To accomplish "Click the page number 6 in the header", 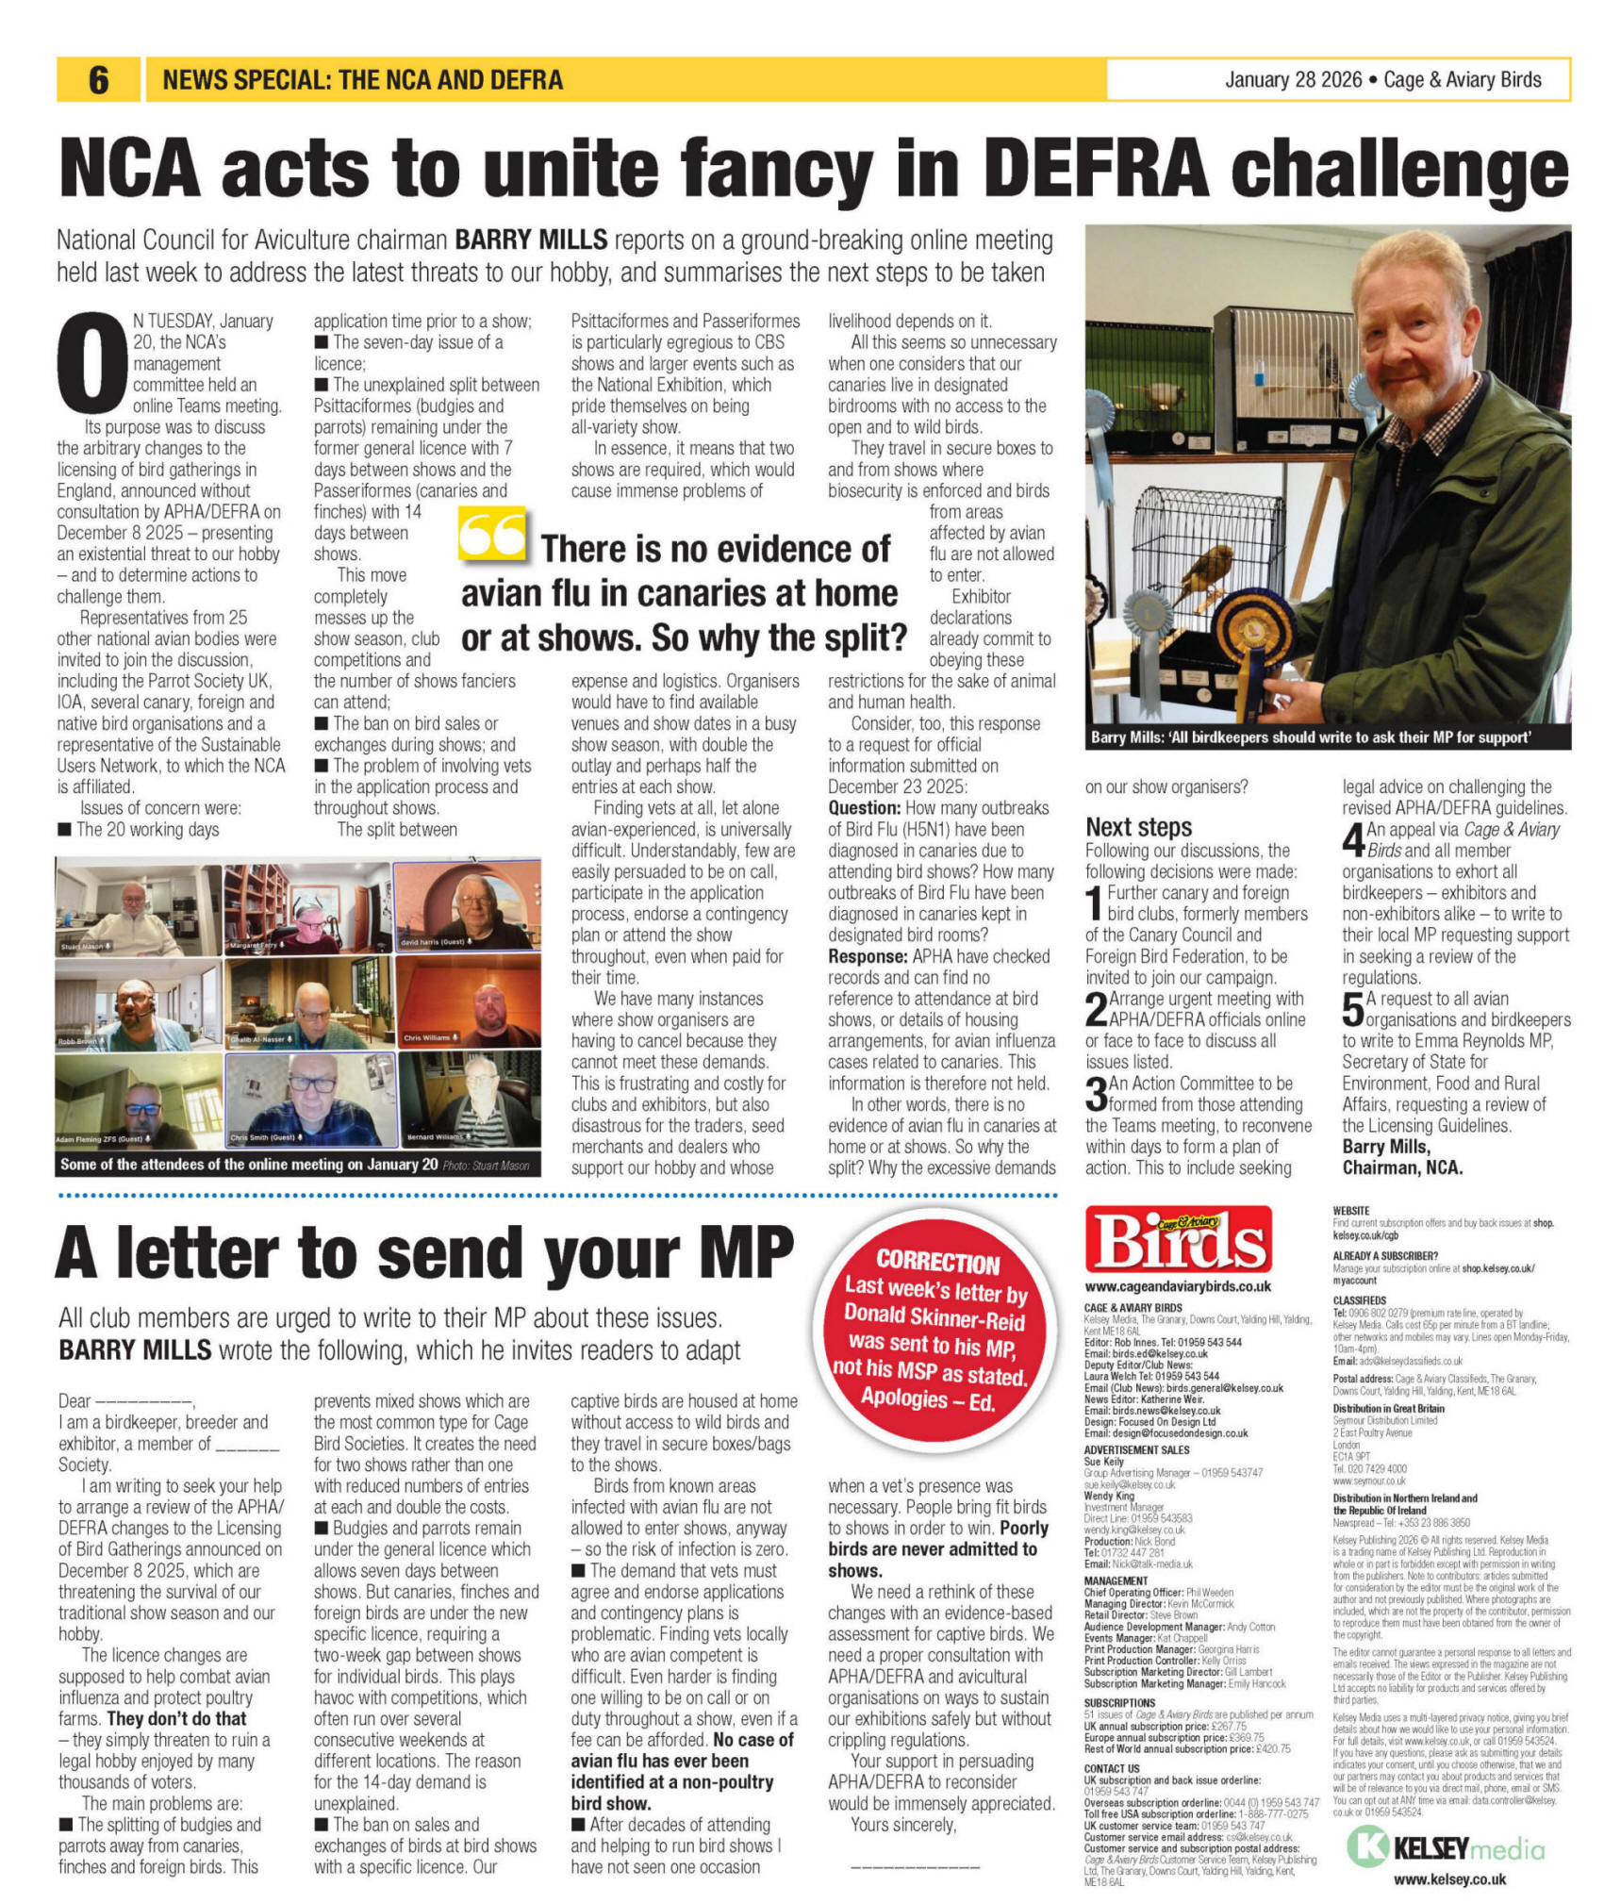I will [99, 80].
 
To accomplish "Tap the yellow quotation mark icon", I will [491, 535].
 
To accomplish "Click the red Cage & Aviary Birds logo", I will [1178, 1240].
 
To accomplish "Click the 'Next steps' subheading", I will [1138, 827].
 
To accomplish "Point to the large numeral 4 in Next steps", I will [1352, 838].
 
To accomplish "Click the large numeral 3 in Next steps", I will [1096, 1093].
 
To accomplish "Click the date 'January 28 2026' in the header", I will [1293, 80].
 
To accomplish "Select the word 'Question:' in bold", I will [864, 808].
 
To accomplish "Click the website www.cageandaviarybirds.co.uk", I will [1178, 1286].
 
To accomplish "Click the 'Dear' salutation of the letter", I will [74, 1400].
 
